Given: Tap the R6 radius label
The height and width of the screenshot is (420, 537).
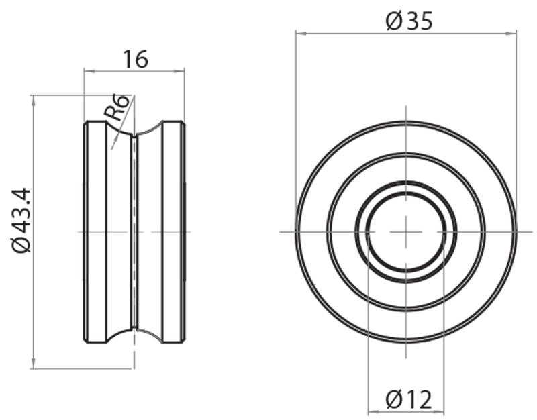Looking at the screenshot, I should pos(117,107).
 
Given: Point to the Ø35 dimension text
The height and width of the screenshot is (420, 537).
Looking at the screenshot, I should pos(409,21).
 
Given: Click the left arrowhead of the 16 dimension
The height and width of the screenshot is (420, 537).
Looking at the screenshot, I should pos(87,69).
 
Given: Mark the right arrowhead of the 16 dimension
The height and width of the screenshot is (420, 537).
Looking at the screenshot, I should pos(181,69).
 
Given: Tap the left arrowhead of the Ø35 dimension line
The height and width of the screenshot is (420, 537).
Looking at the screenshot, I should pos(299,32).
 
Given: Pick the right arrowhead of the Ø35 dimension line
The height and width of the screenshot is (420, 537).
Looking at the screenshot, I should pos(514,32).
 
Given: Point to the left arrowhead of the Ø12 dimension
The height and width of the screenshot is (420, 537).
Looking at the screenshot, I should pos(373,410).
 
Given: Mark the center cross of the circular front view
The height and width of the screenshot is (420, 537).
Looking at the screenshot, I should pos(406,231).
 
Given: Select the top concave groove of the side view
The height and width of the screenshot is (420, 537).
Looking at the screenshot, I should pos(134,131).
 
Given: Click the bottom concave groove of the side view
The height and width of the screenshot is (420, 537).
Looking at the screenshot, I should pos(134,333).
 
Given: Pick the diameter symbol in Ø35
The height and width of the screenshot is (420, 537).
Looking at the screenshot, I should pos(393,21).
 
